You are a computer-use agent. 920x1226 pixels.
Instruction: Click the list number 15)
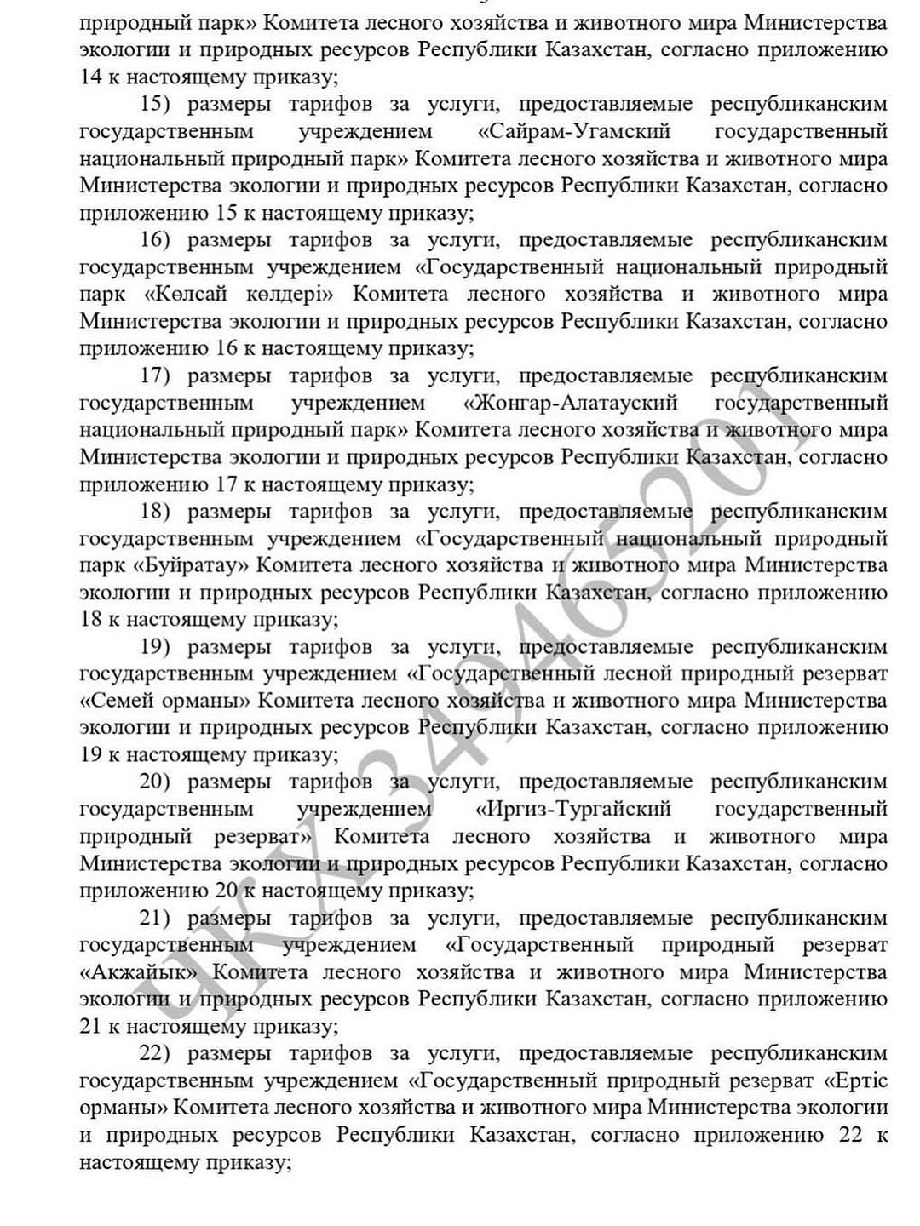[155, 104]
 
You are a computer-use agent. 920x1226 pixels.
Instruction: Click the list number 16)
[155, 240]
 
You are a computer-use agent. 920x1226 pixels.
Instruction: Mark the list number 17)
[155, 375]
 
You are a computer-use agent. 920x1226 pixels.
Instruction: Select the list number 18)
[155, 512]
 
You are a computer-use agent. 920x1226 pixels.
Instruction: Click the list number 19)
[155, 647]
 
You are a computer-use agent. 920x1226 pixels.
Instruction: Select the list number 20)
[155, 782]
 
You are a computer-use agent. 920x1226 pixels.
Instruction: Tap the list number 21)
[155, 918]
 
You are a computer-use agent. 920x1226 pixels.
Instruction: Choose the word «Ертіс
[856, 1081]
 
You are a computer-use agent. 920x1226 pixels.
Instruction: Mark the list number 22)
[155, 1054]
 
